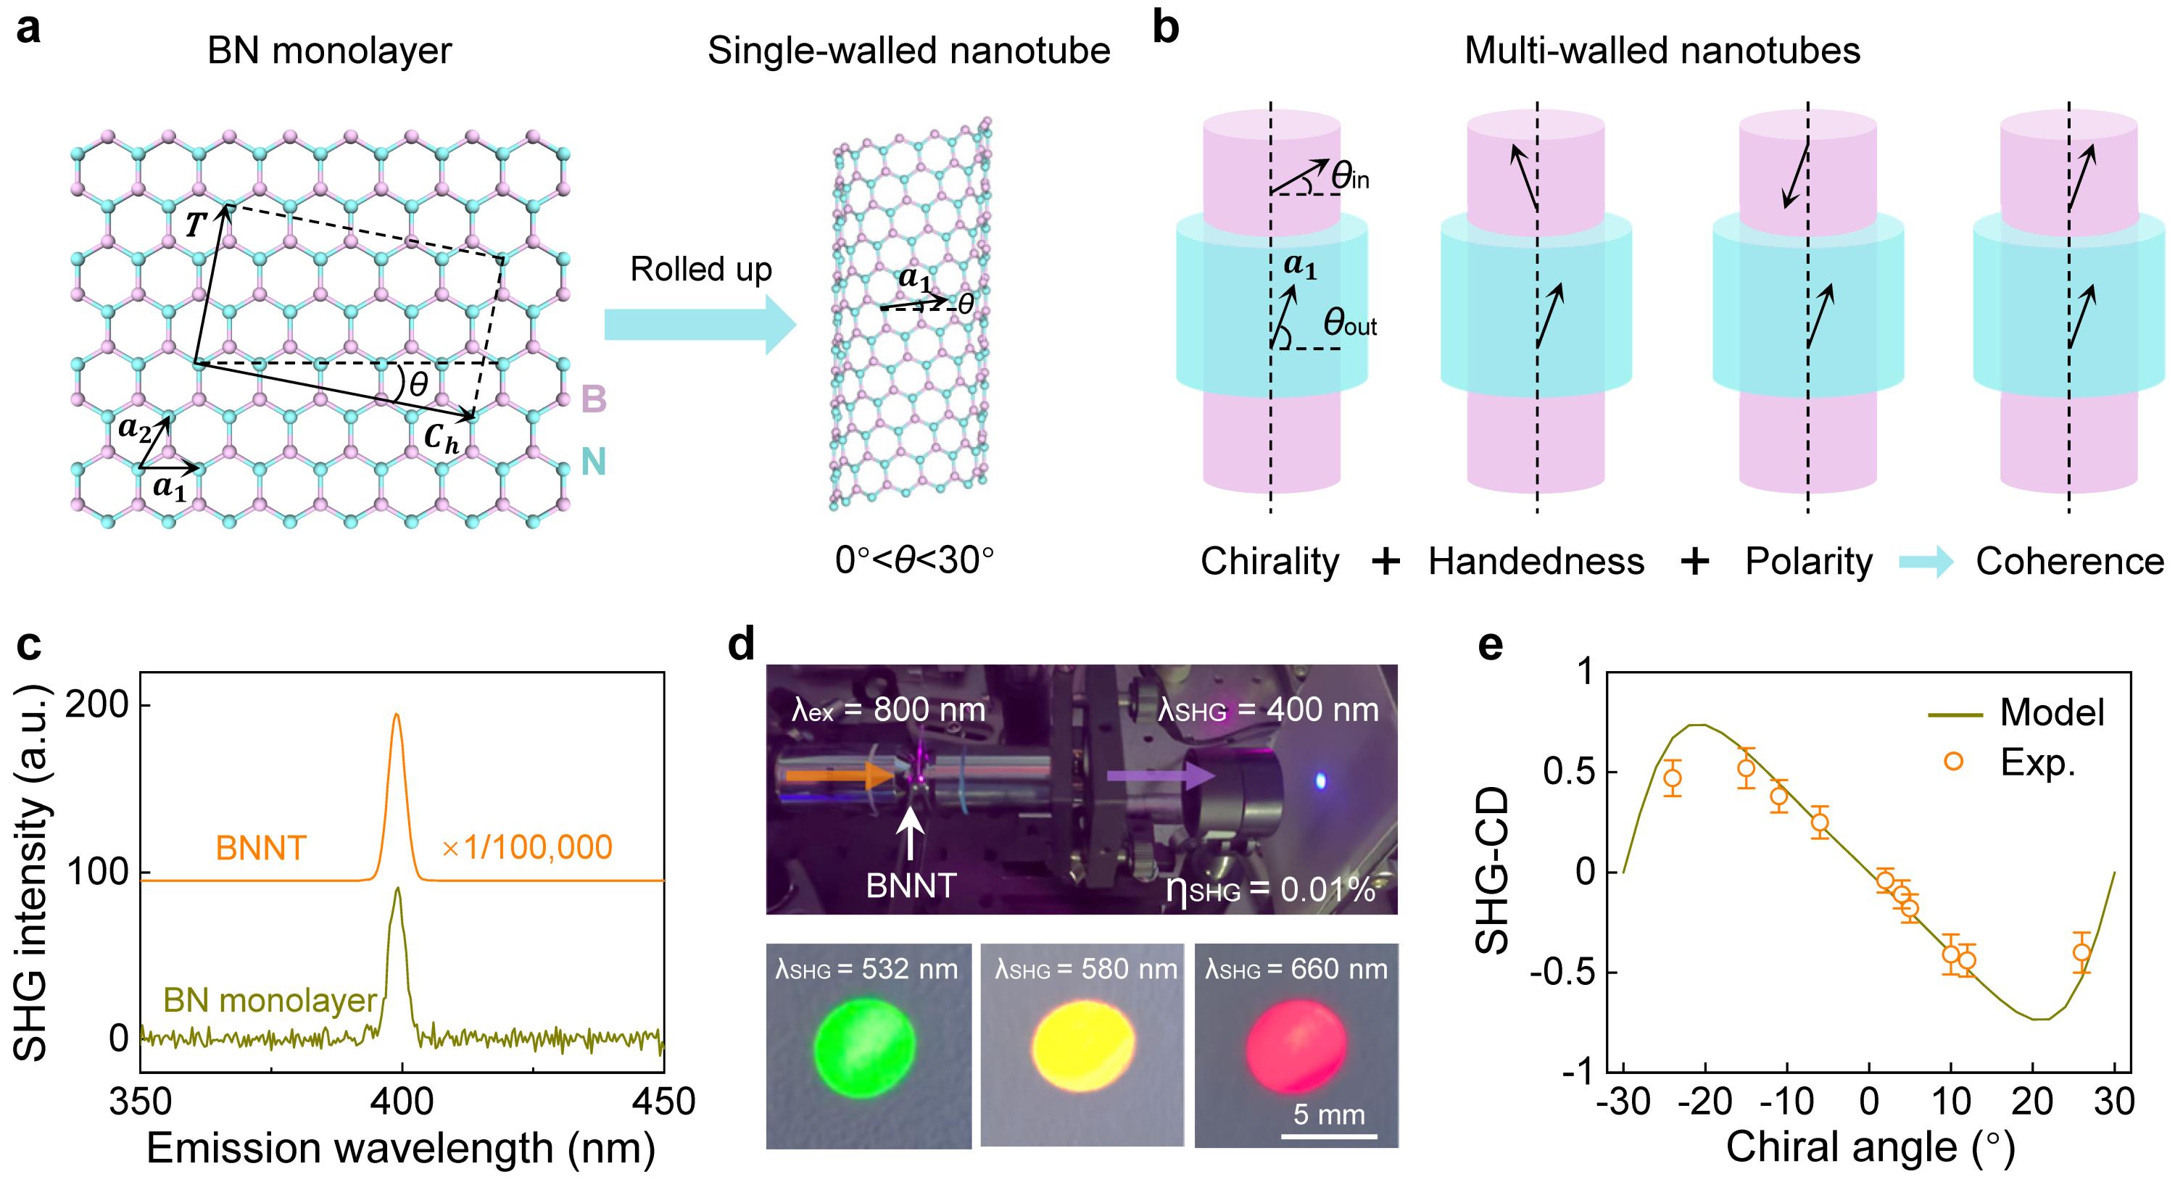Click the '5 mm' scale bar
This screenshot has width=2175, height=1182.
point(1329,1136)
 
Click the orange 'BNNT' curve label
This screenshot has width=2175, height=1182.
point(260,848)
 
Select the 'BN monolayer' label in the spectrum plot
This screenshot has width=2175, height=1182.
point(270,1001)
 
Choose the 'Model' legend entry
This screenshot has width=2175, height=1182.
point(2051,713)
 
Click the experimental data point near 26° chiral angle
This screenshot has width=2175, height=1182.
point(2081,952)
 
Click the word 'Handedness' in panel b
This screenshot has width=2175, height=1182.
point(1536,562)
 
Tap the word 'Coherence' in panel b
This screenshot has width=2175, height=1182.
point(2069,562)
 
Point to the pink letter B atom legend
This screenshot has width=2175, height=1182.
point(594,399)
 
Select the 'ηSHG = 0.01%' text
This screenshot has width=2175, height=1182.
point(1270,891)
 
